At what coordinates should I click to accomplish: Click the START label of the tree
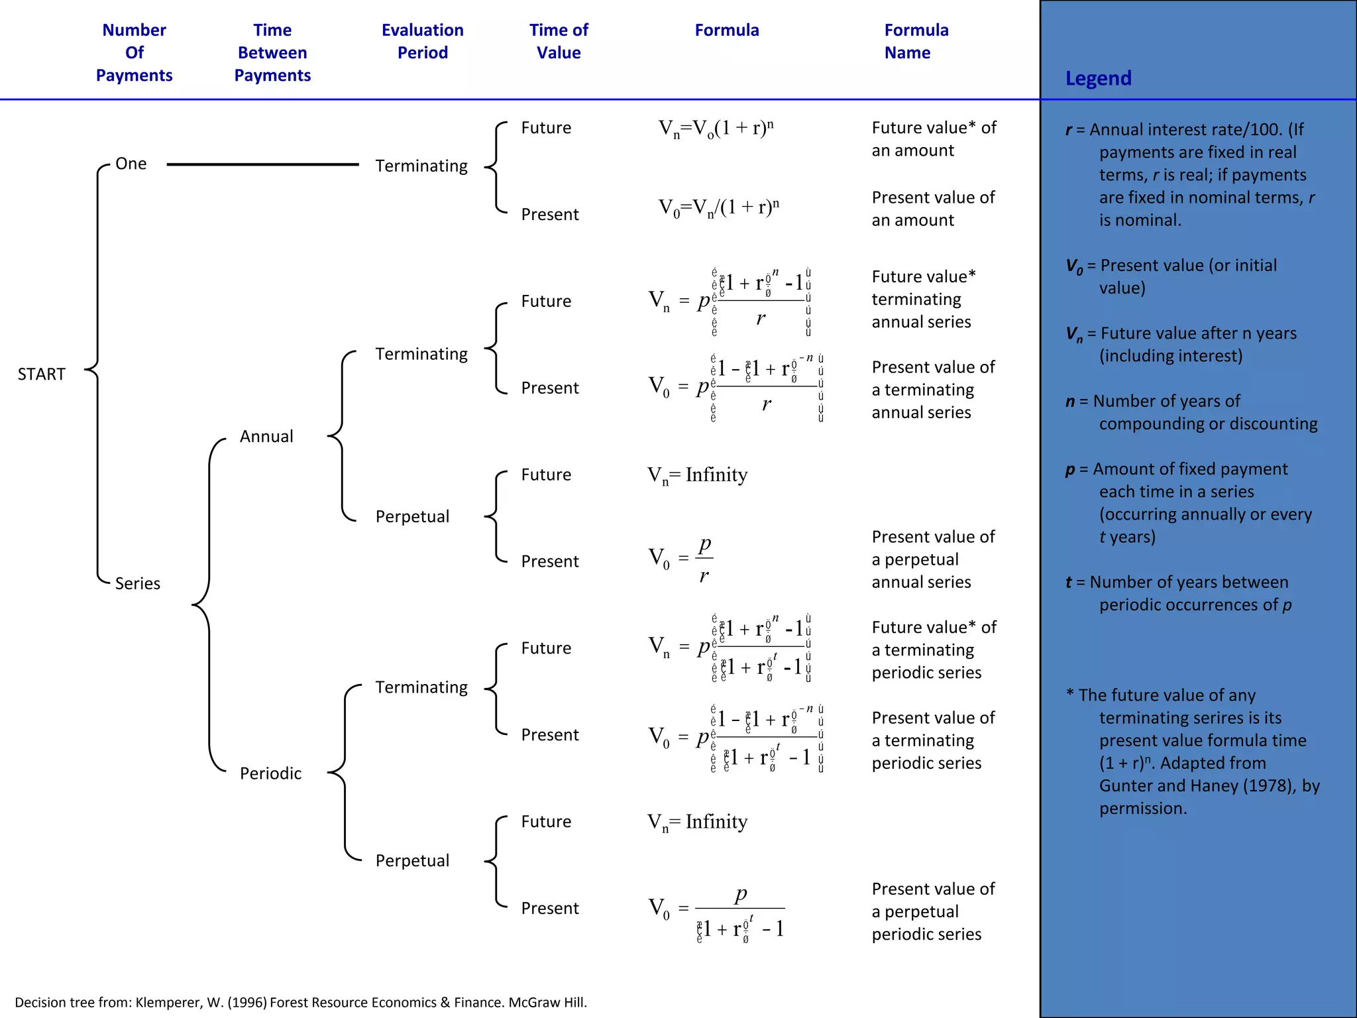click(x=41, y=374)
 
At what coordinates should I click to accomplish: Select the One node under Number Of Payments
click(x=131, y=164)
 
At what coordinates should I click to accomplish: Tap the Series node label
click(x=137, y=583)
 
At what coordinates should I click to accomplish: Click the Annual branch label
click(x=266, y=436)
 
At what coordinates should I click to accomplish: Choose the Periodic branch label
click(x=270, y=773)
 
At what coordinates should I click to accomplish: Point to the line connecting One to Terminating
click(x=262, y=164)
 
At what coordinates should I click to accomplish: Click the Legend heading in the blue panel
click(x=1098, y=78)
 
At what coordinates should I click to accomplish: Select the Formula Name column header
click(x=916, y=41)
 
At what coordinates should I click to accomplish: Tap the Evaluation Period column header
click(x=422, y=41)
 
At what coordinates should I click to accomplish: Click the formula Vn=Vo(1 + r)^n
click(x=716, y=128)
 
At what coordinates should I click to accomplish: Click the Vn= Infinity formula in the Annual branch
click(x=697, y=475)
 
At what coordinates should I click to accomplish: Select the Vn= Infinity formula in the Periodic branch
click(x=697, y=822)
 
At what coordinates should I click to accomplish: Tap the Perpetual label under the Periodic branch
click(x=412, y=860)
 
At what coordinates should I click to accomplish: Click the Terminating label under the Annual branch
click(x=421, y=354)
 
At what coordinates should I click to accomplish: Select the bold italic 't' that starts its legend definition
click(x=1068, y=583)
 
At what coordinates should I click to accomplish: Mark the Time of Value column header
click(x=559, y=41)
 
